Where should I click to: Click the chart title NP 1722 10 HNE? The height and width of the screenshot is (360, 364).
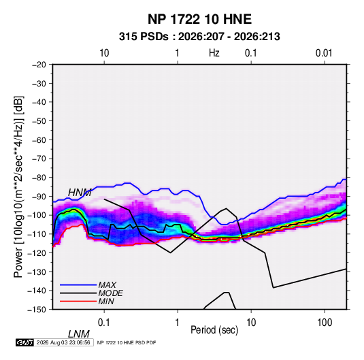coord(199,19)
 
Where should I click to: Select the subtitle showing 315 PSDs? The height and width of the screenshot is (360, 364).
coord(199,37)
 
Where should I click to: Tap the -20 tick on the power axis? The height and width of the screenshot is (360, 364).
coord(39,65)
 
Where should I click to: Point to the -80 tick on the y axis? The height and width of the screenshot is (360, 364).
coord(39,178)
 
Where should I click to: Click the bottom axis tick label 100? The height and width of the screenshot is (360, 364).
coord(325,323)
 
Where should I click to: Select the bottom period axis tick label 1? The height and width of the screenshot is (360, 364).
coord(178,323)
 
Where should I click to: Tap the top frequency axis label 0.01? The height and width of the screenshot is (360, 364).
coord(324,53)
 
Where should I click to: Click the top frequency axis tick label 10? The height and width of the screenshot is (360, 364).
coord(104,53)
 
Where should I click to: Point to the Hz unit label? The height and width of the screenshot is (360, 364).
coord(214,53)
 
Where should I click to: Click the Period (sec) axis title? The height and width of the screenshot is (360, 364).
coord(214,330)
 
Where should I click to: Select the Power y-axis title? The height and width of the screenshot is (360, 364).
coord(18,186)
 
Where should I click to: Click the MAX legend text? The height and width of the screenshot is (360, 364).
coord(107,284)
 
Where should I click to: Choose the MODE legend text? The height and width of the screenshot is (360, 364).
coord(110,293)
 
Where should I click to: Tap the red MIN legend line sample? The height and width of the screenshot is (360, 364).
coord(78,301)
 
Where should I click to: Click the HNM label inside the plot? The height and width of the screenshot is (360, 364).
coord(80,193)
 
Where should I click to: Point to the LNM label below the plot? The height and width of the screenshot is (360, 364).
coord(78,334)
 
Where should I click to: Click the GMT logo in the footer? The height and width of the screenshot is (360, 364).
coord(24,342)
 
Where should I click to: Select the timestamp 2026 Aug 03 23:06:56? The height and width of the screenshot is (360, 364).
coord(63,342)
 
